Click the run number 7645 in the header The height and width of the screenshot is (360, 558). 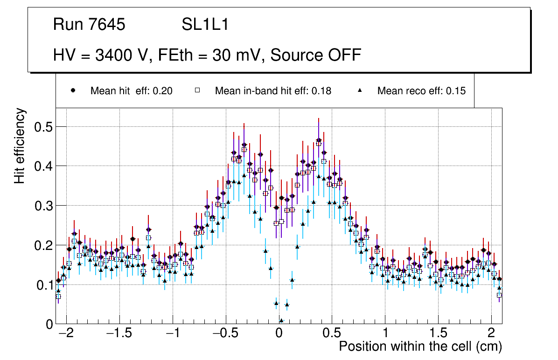(107, 25)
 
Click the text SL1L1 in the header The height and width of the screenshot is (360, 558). (205, 25)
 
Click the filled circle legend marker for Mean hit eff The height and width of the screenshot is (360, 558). (73, 90)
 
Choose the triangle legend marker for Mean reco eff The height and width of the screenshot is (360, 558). (360, 90)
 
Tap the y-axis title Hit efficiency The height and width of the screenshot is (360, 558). (20, 145)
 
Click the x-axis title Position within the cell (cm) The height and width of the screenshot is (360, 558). (420, 346)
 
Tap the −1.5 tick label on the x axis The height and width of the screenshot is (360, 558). (119, 334)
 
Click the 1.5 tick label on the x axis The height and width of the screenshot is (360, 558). (438, 334)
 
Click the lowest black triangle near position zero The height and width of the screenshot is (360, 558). (281, 320)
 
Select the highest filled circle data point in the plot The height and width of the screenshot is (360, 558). (319, 140)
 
